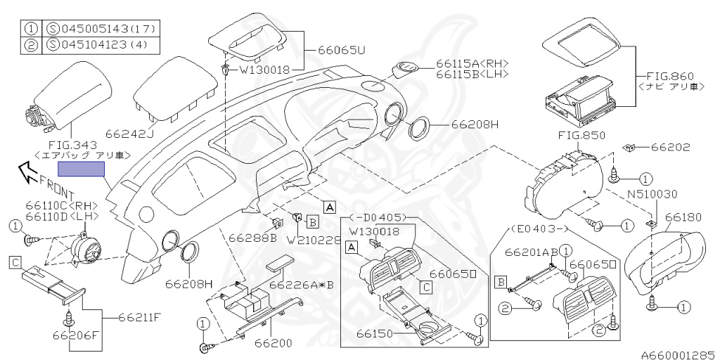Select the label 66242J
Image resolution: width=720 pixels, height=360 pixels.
point(129,132)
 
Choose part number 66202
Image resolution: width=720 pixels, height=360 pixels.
point(670,148)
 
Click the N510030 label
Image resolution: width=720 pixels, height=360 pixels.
point(651,194)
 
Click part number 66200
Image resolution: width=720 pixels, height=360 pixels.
point(273,343)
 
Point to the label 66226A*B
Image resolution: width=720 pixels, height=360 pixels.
point(302,285)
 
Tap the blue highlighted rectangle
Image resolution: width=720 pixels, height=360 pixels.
point(81,169)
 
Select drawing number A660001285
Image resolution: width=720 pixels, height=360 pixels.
point(677,354)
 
